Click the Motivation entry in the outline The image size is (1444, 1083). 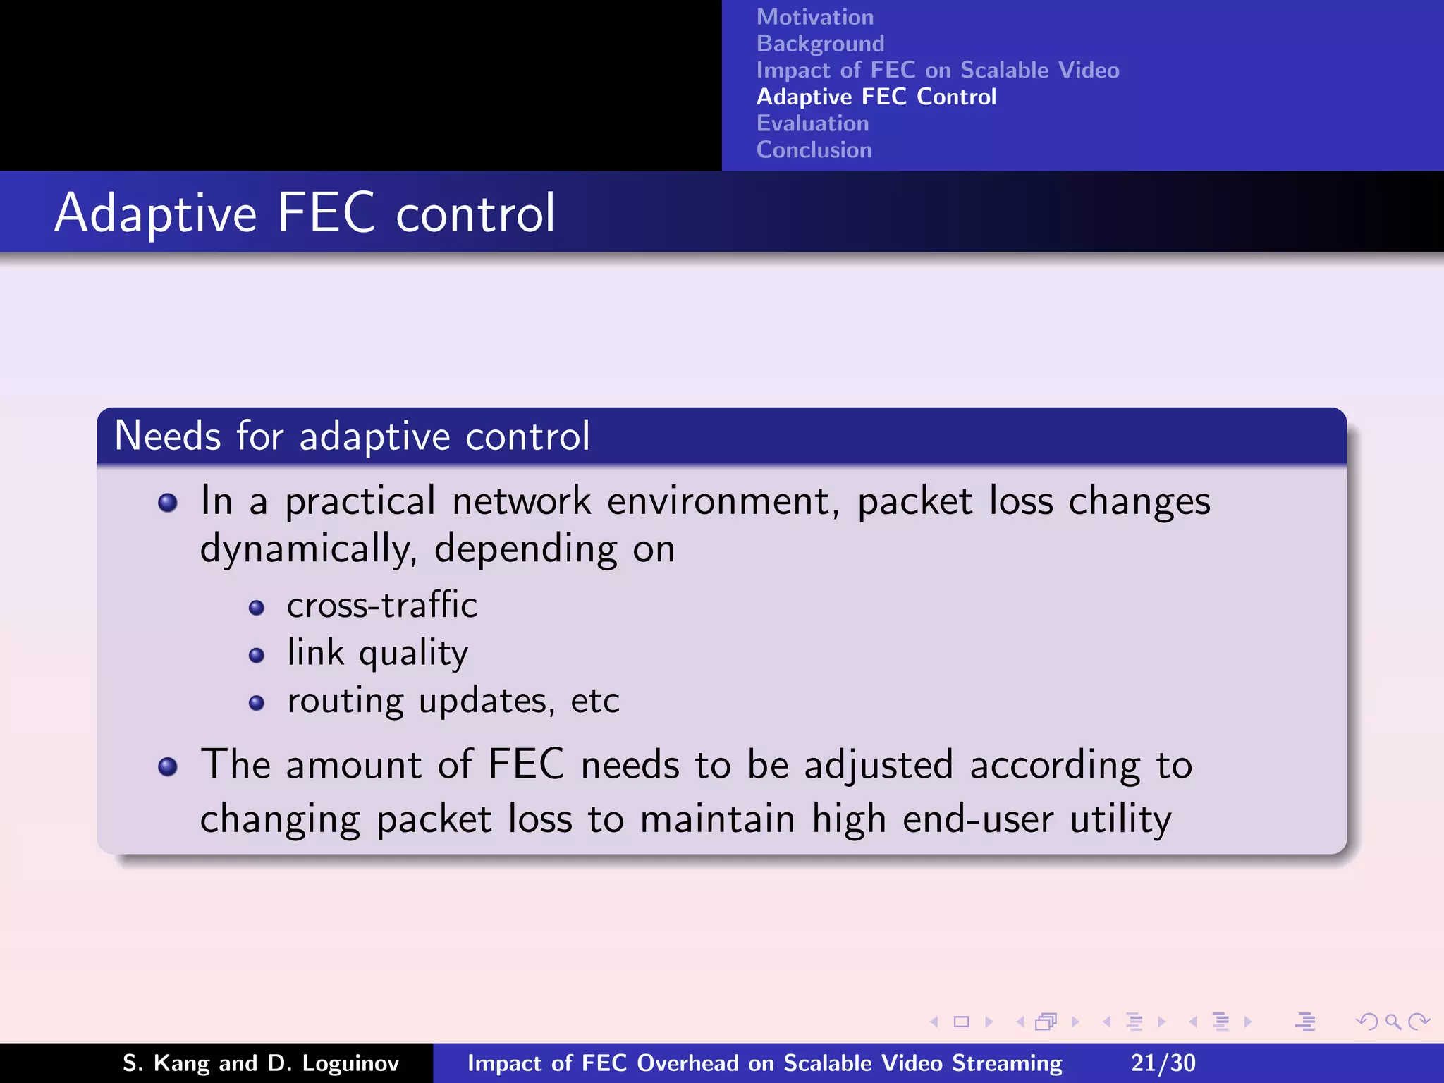click(814, 17)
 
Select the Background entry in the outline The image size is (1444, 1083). click(820, 44)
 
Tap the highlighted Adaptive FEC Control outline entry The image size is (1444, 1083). click(876, 97)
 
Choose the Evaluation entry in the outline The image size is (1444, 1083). click(812, 123)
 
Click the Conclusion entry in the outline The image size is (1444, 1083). click(814, 150)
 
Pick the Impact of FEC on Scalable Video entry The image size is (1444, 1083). click(937, 71)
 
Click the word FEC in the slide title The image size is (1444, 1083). click(326, 213)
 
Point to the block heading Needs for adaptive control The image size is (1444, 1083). click(352, 436)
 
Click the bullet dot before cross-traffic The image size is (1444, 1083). click(257, 608)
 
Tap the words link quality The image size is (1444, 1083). click(377, 653)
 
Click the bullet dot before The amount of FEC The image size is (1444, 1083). click(168, 766)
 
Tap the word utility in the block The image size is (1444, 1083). click(1120, 820)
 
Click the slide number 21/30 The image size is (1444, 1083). click(1163, 1063)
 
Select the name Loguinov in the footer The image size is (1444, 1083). click(350, 1063)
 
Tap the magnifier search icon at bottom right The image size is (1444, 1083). click(1393, 1022)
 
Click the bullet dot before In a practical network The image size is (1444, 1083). click(168, 503)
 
